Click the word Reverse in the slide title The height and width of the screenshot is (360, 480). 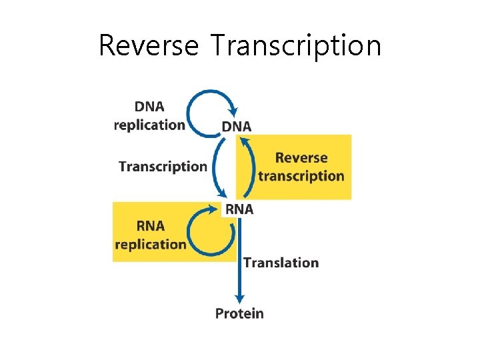[x=148, y=46]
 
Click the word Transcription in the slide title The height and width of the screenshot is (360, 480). [x=295, y=46]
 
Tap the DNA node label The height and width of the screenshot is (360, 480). [x=237, y=126]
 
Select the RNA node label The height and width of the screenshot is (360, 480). [x=239, y=209]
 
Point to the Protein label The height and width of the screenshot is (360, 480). [x=239, y=313]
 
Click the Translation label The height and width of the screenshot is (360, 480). [x=281, y=263]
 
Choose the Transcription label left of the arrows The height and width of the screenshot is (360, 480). [x=163, y=167]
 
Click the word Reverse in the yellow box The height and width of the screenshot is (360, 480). [x=301, y=158]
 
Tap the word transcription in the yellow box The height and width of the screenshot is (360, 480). [x=301, y=176]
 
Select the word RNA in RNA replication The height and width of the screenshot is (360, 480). [x=150, y=226]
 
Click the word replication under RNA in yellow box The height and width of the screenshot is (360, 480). [x=150, y=244]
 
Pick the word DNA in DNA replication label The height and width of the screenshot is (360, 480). [x=149, y=107]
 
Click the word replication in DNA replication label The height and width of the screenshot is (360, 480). [x=149, y=125]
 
